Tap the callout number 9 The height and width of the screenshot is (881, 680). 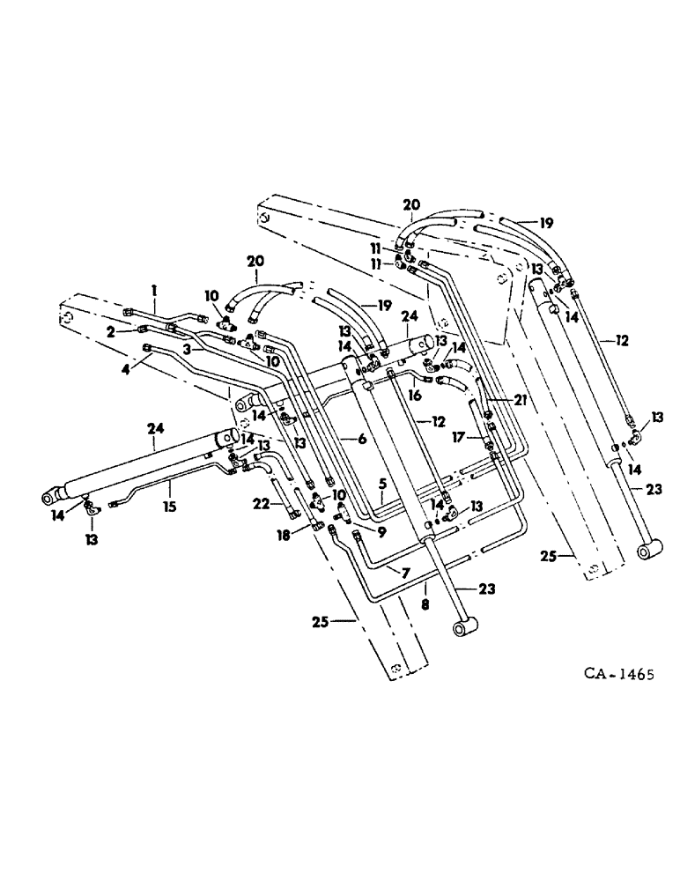tap(381, 532)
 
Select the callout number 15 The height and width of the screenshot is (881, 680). tap(166, 508)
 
